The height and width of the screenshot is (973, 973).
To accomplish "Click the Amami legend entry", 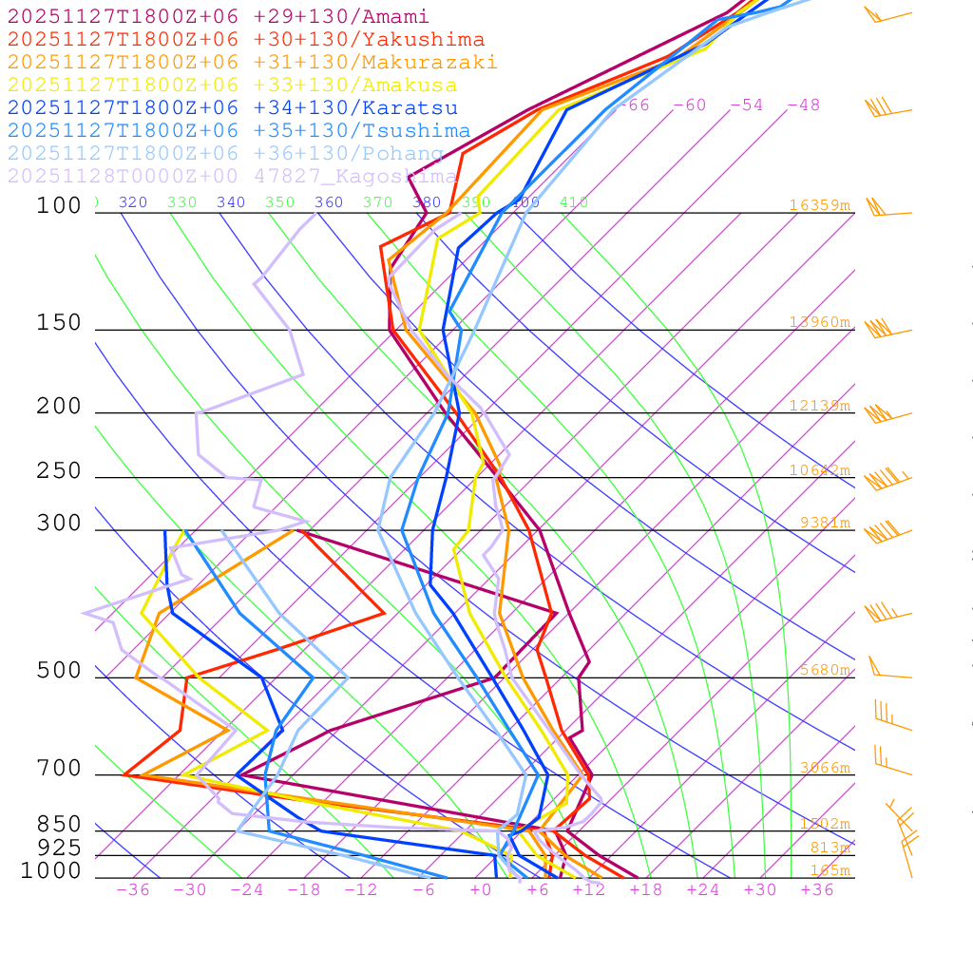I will click(x=218, y=17).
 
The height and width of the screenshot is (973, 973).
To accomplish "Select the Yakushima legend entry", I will click(x=245, y=40).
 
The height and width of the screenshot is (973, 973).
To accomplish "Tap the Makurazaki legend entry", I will click(x=252, y=63).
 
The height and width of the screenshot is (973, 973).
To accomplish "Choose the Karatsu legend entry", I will click(x=232, y=108).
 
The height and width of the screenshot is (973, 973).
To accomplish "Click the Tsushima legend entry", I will click(x=238, y=131).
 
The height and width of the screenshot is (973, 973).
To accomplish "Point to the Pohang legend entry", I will click(x=225, y=154).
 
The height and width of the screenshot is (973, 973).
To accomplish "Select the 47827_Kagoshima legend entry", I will click(x=232, y=177).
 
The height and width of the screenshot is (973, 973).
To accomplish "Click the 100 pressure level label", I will click(x=59, y=205).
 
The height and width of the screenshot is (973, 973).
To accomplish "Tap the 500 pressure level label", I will click(x=59, y=671).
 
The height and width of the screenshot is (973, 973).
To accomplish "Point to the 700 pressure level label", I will click(x=59, y=769).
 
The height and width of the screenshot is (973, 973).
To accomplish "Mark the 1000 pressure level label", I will click(x=51, y=871).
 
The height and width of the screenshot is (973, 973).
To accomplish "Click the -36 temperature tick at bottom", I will click(x=132, y=890).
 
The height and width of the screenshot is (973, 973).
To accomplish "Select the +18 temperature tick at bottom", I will click(x=645, y=890).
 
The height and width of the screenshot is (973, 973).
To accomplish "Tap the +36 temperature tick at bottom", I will click(x=816, y=890).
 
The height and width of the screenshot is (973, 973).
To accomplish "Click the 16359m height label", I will click(x=819, y=205).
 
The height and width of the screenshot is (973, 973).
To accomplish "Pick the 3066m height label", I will click(x=824, y=768).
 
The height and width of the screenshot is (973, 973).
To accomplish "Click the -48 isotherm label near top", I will click(x=803, y=105).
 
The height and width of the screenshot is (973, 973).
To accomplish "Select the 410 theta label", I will click(x=574, y=202).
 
